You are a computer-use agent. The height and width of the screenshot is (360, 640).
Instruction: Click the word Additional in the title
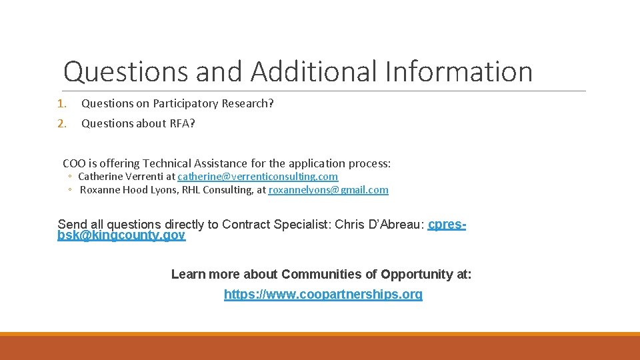pos(318,71)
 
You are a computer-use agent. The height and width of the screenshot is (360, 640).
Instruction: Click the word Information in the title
pos(459,71)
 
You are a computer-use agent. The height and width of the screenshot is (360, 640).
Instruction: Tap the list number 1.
pos(61,103)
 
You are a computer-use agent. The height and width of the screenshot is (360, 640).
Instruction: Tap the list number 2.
pos(61,123)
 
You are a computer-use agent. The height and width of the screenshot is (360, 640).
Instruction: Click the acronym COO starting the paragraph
pos(74,163)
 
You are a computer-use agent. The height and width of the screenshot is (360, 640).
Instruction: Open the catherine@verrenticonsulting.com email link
pos(257,177)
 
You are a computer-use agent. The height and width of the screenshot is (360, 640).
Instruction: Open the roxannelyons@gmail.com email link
pos(328,190)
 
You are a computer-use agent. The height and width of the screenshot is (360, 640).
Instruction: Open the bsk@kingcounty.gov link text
pos(121,235)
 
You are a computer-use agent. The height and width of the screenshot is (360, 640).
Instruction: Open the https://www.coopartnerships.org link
pos(323,294)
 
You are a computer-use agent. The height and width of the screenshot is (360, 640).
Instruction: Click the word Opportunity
pos(421,274)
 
